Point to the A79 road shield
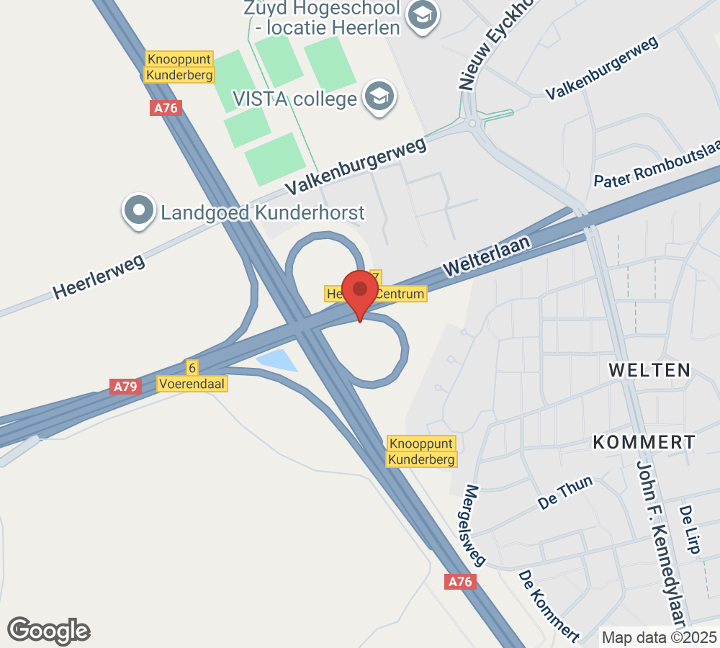coord(125,387)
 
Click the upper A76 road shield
coord(166,108)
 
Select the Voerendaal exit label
coord(193,384)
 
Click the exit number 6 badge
coord(192,368)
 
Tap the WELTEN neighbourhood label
coord(649,370)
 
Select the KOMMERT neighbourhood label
coord(644,442)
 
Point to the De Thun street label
coord(566,493)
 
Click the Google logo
coord(49,631)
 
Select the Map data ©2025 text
coord(659,637)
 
